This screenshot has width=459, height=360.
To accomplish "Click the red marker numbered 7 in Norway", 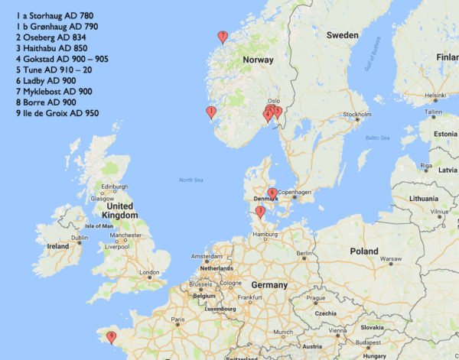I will (x=223, y=36).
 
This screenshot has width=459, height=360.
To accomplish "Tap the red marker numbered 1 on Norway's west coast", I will (x=211, y=112).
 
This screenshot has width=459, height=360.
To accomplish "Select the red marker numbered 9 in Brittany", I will (x=112, y=335).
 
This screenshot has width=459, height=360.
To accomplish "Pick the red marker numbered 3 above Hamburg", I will (x=261, y=211).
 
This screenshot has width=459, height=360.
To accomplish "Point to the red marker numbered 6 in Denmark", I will (x=272, y=193).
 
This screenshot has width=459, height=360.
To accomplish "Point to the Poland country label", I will (x=364, y=251).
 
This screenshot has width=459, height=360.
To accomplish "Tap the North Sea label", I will (x=191, y=180).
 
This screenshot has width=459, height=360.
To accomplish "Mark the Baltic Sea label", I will (x=377, y=138).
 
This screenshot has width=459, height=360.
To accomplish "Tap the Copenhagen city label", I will (x=295, y=191).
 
